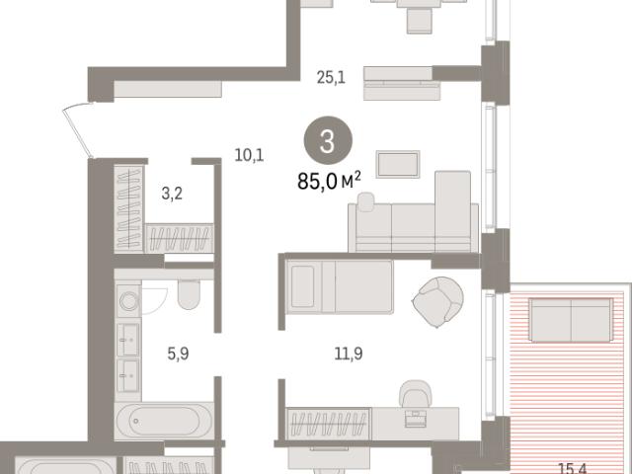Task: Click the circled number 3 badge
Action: click(328, 140)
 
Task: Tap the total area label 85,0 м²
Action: click(329, 181)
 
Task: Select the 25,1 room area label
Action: click(331, 77)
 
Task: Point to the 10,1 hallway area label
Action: click(249, 155)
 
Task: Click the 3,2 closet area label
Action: click(172, 194)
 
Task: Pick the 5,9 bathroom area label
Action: click(178, 354)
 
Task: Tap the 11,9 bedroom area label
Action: click(349, 354)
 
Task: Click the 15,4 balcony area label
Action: click(573, 469)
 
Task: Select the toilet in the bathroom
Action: click(189, 294)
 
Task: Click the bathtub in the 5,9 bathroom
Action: click(164, 421)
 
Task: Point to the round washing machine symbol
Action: click(128, 301)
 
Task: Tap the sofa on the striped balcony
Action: click(571, 320)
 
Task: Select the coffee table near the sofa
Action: click(398, 164)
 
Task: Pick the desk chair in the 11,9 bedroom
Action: click(415, 393)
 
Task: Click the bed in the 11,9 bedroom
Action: click(339, 287)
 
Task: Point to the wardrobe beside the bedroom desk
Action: click(328, 424)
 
